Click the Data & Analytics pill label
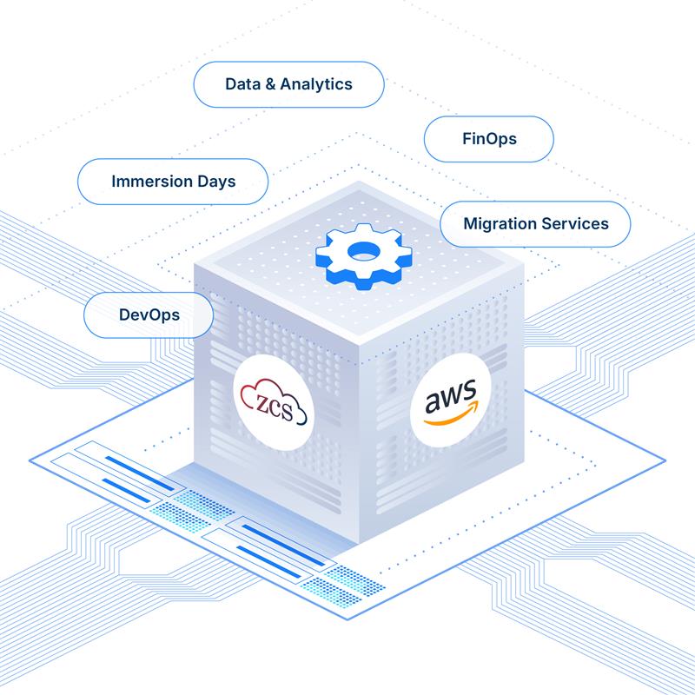288,84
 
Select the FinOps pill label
489,138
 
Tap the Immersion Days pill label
173,182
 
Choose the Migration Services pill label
535,223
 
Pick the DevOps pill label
149,314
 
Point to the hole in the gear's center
361,251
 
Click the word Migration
498,223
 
